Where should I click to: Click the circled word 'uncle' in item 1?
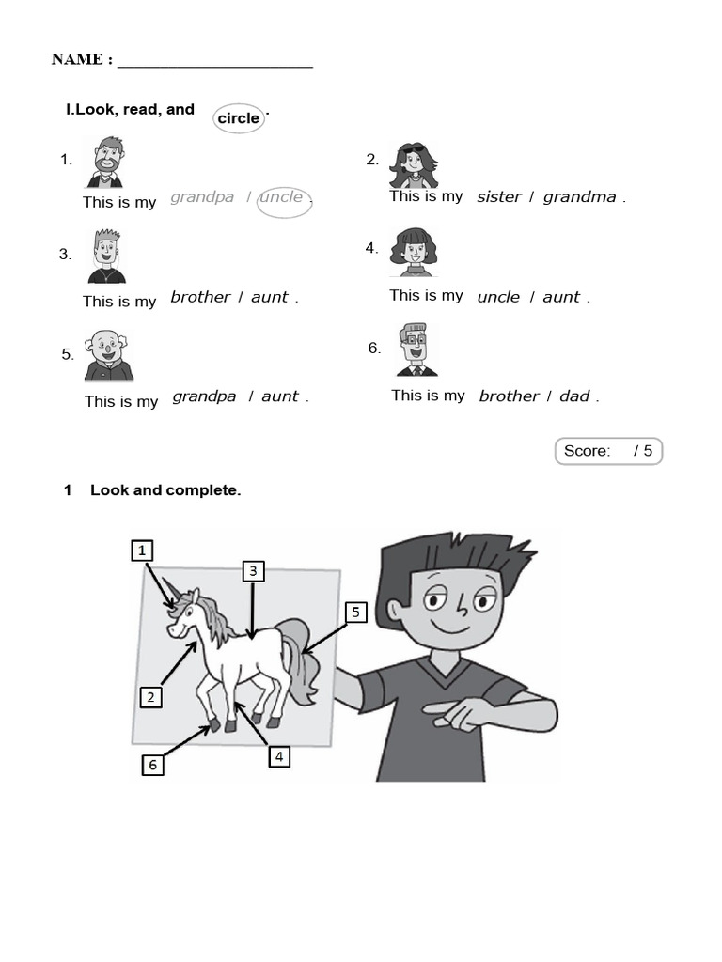(x=282, y=197)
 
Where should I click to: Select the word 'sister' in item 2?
(x=498, y=197)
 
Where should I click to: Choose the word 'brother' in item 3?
(x=200, y=297)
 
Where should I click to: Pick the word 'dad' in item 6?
(x=574, y=396)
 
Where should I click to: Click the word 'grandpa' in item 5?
(x=204, y=396)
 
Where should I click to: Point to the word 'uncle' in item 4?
(x=498, y=297)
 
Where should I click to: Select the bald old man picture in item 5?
(x=108, y=355)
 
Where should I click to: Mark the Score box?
(x=608, y=451)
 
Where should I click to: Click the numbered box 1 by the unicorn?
(x=142, y=551)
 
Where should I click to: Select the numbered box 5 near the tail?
(x=354, y=613)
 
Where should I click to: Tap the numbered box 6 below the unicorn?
(x=152, y=765)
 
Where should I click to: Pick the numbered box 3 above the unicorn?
(x=253, y=570)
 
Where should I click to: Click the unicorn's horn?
(x=170, y=593)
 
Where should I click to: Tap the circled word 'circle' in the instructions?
(x=239, y=118)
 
